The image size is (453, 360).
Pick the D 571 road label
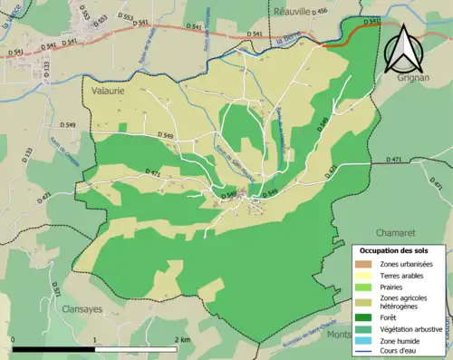(x=55, y=288)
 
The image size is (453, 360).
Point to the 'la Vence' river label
(x=12, y=16)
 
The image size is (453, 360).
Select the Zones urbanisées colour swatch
(x=368, y=263)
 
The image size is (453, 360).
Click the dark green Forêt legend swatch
(x=368, y=316)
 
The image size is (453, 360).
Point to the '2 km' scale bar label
(x=183, y=339)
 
